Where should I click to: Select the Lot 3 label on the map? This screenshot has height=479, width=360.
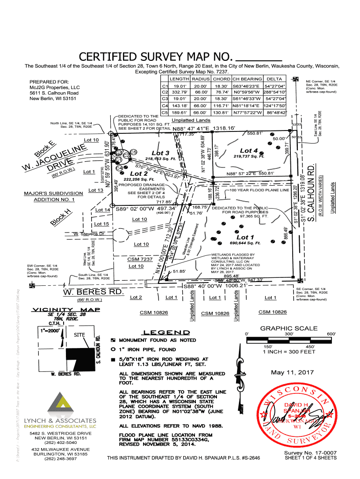pos(160,153)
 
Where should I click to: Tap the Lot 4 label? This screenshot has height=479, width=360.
pos(249,151)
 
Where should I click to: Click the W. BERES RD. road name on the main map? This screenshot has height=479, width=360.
pos(93,292)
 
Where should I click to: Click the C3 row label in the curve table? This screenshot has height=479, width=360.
pos(164,99)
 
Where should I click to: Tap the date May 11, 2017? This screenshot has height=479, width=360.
pos(292,372)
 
